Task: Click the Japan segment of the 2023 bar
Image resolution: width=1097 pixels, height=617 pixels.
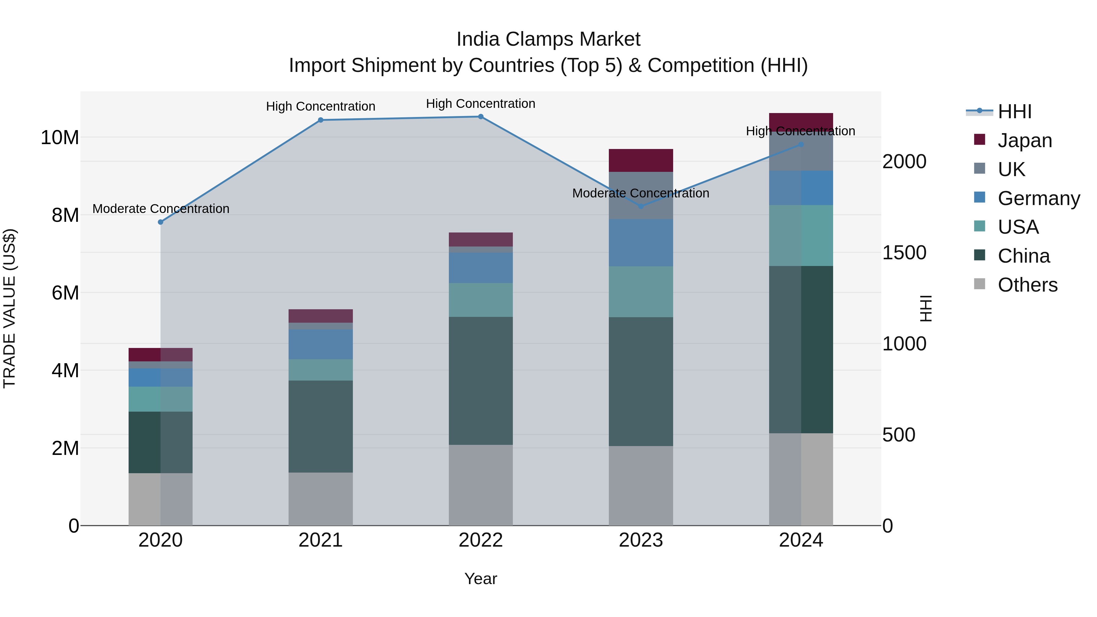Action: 641,161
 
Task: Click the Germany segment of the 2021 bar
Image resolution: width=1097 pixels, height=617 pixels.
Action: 320,344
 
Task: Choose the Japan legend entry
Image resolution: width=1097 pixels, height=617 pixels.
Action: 1024,140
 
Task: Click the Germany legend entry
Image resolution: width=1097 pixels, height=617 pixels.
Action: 1038,198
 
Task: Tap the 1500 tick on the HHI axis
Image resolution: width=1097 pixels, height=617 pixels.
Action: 904,253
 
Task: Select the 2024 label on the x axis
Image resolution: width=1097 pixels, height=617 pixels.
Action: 801,540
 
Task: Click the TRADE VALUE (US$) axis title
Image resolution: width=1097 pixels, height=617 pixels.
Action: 9,308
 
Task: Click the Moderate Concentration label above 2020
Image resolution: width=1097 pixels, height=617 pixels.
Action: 161,209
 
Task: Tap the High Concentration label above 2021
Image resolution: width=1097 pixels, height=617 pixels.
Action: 320,106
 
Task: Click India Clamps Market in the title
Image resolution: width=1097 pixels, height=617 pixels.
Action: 548,39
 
